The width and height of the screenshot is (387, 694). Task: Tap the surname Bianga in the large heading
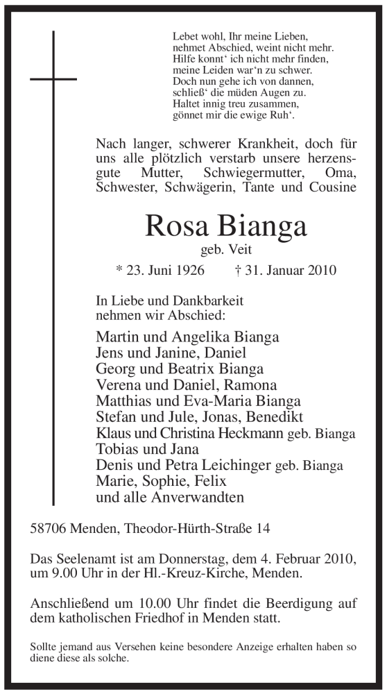[261, 226]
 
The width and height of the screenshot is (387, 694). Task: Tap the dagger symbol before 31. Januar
[239, 270]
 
